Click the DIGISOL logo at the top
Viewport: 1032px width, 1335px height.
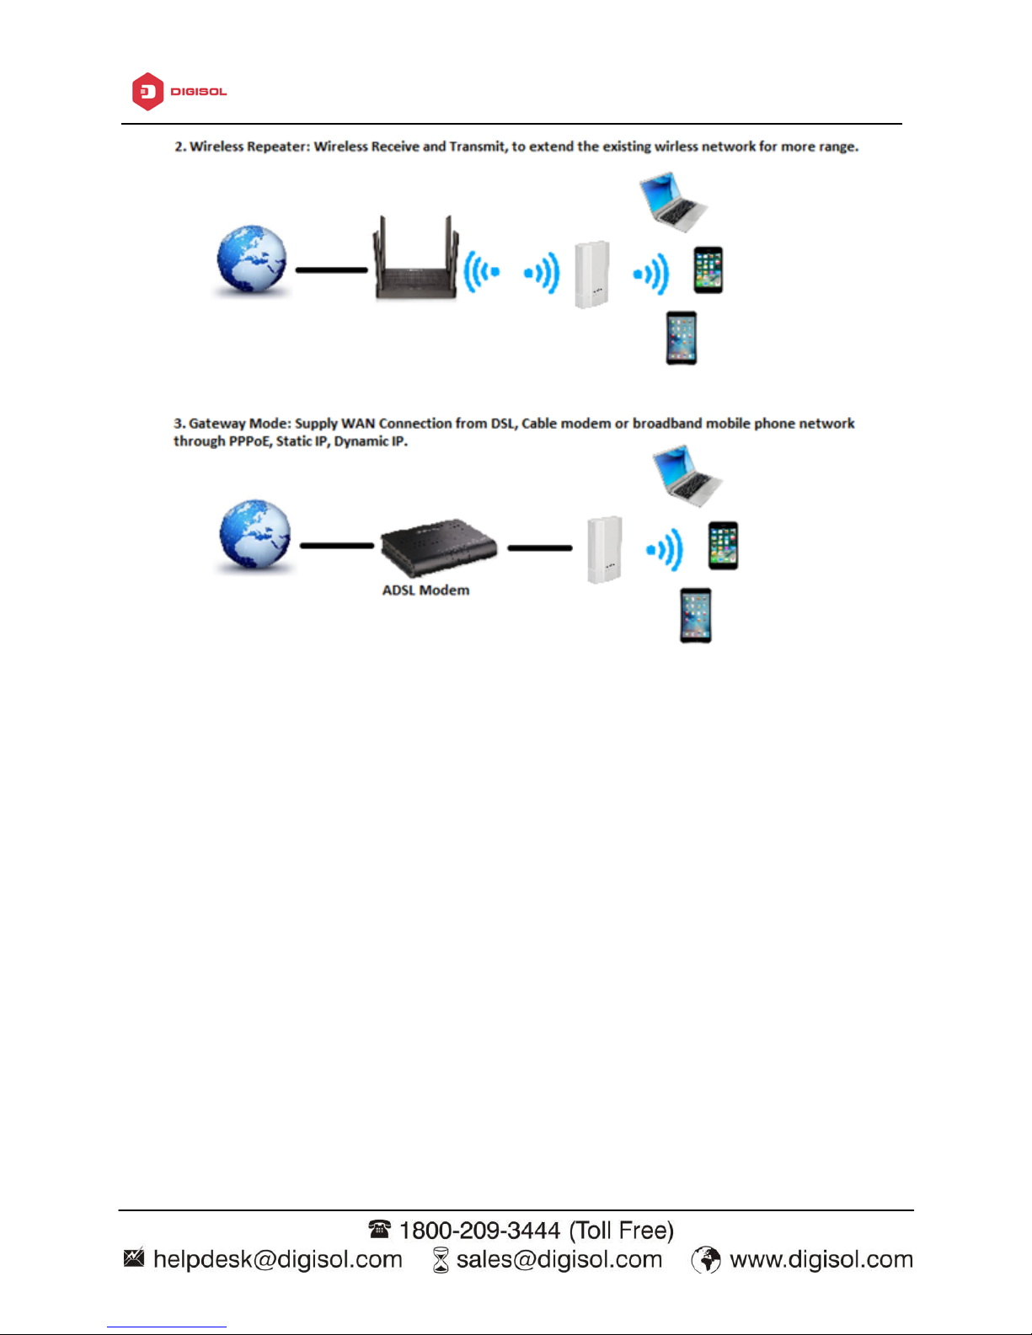click(x=179, y=91)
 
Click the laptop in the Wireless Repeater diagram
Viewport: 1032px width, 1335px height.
click(x=672, y=201)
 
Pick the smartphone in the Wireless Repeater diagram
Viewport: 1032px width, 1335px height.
click(x=708, y=270)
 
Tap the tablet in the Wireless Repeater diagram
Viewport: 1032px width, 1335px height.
click(x=682, y=338)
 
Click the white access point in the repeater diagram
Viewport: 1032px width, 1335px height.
click(x=591, y=275)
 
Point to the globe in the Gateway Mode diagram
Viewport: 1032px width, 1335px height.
click(x=254, y=535)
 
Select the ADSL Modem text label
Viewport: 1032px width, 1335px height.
click(x=425, y=590)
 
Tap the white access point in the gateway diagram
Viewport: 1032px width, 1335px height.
click(x=604, y=550)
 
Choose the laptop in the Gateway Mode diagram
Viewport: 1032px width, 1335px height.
click(x=687, y=478)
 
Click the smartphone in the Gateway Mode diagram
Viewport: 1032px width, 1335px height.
click(x=723, y=546)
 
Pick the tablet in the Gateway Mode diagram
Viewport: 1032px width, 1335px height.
click(x=696, y=616)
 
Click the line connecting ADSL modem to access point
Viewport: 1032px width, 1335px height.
click(x=540, y=548)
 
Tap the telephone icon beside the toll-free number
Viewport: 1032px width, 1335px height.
click(x=379, y=1230)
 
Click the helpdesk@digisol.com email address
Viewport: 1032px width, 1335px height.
click(x=277, y=1259)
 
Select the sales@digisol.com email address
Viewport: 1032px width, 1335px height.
click(x=559, y=1259)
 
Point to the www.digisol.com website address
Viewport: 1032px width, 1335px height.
click(x=821, y=1259)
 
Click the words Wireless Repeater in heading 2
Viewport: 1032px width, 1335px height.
click(x=249, y=147)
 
